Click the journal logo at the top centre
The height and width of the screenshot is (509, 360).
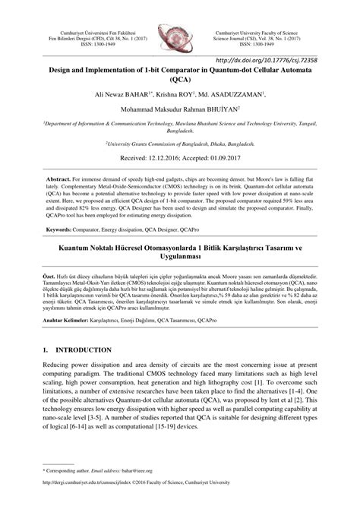tap(180, 34)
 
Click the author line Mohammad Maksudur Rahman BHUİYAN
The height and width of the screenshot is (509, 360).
tap(180, 109)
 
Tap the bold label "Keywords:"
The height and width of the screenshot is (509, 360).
tap(60, 229)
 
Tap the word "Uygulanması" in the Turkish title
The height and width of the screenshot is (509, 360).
tap(180, 257)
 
